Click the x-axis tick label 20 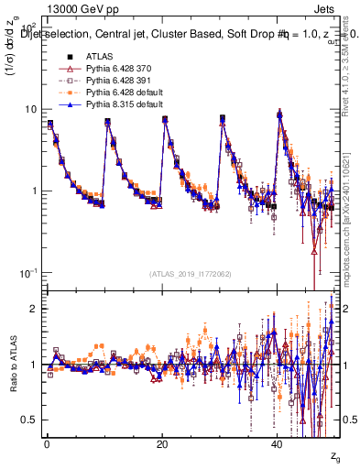click(162, 443)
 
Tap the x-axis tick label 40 click(278, 443)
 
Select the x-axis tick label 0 click(47, 443)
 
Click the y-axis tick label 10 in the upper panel click(30, 109)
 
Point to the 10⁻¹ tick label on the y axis click(29, 273)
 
